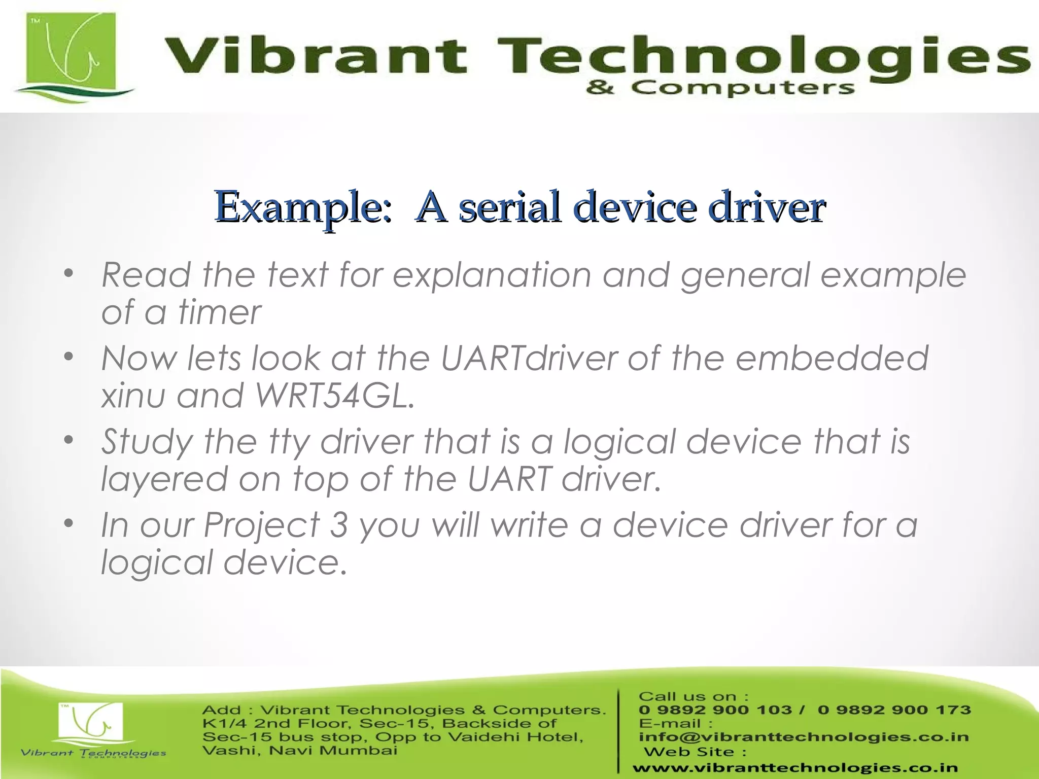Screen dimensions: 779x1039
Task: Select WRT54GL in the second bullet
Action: tap(335, 395)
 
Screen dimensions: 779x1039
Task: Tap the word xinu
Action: tap(133, 395)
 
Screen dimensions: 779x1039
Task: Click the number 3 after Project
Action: tap(338, 524)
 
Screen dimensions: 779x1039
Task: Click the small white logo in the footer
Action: tap(91, 723)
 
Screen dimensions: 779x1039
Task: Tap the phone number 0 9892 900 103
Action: tap(715, 710)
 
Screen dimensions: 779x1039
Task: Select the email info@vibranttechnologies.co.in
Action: tap(804, 737)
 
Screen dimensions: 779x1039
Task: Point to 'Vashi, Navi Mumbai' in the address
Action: tap(299, 750)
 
